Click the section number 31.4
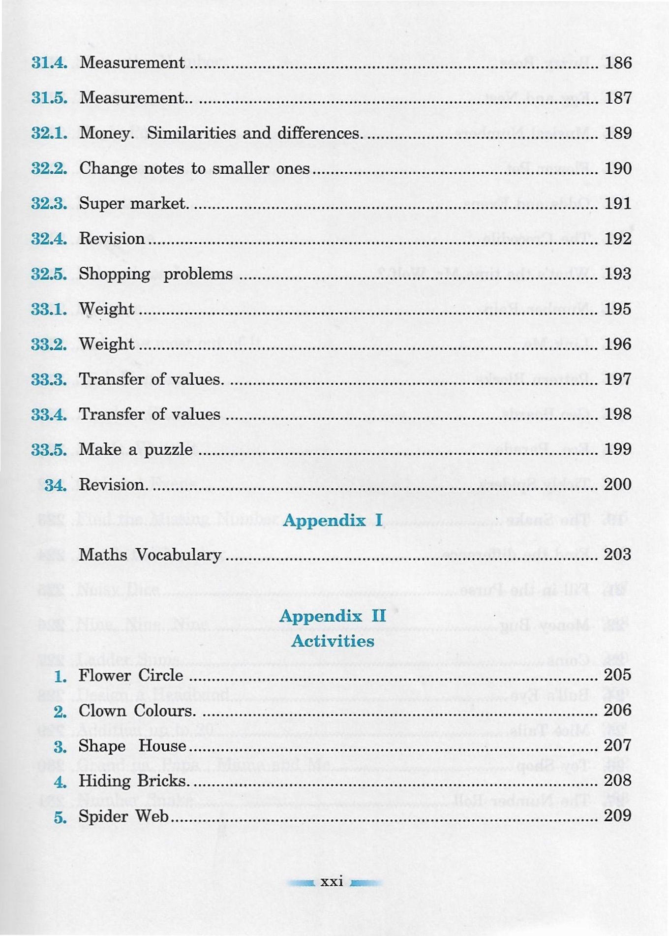tap(49, 62)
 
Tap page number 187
tap(618, 98)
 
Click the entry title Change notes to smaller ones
tap(194, 168)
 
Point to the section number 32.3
tap(49, 203)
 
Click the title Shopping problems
tap(155, 274)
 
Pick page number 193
tap(618, 274)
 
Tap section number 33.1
tap(49, 309)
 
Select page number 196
tap(618, 344)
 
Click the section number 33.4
tap(49, 414)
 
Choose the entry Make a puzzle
tap(136, 449)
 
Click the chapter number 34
tap(55, 485)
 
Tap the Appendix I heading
tap(333, 520)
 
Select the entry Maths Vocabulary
tap(150, 555)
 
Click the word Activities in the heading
tap(333, 641)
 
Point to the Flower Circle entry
tap(131, 676)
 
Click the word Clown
tap(102, 711)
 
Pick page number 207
tap(617, 746)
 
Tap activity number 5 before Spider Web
tap(60, 817)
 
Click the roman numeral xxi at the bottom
tap(332, 882)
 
